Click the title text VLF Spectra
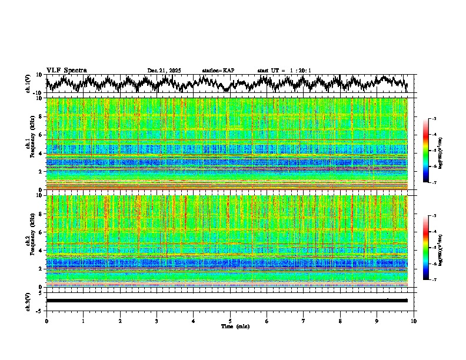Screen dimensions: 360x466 [x=66, y=70]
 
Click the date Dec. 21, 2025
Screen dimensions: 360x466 [x=164, y=71]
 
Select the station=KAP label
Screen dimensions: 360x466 [x=218, y=71]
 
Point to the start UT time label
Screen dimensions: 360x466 [x=284, y=71]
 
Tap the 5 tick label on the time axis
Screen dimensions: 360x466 [x=230, y=321]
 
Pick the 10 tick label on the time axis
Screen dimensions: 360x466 [x=414, y=321]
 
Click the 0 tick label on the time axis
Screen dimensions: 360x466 [x=46, y=321]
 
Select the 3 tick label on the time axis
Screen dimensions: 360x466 [x=157, y=321]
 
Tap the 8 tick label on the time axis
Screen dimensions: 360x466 [x=340, y=321]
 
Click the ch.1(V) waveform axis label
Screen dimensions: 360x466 [x=29, y=84]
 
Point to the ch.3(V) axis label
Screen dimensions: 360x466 [x=29, y=301]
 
